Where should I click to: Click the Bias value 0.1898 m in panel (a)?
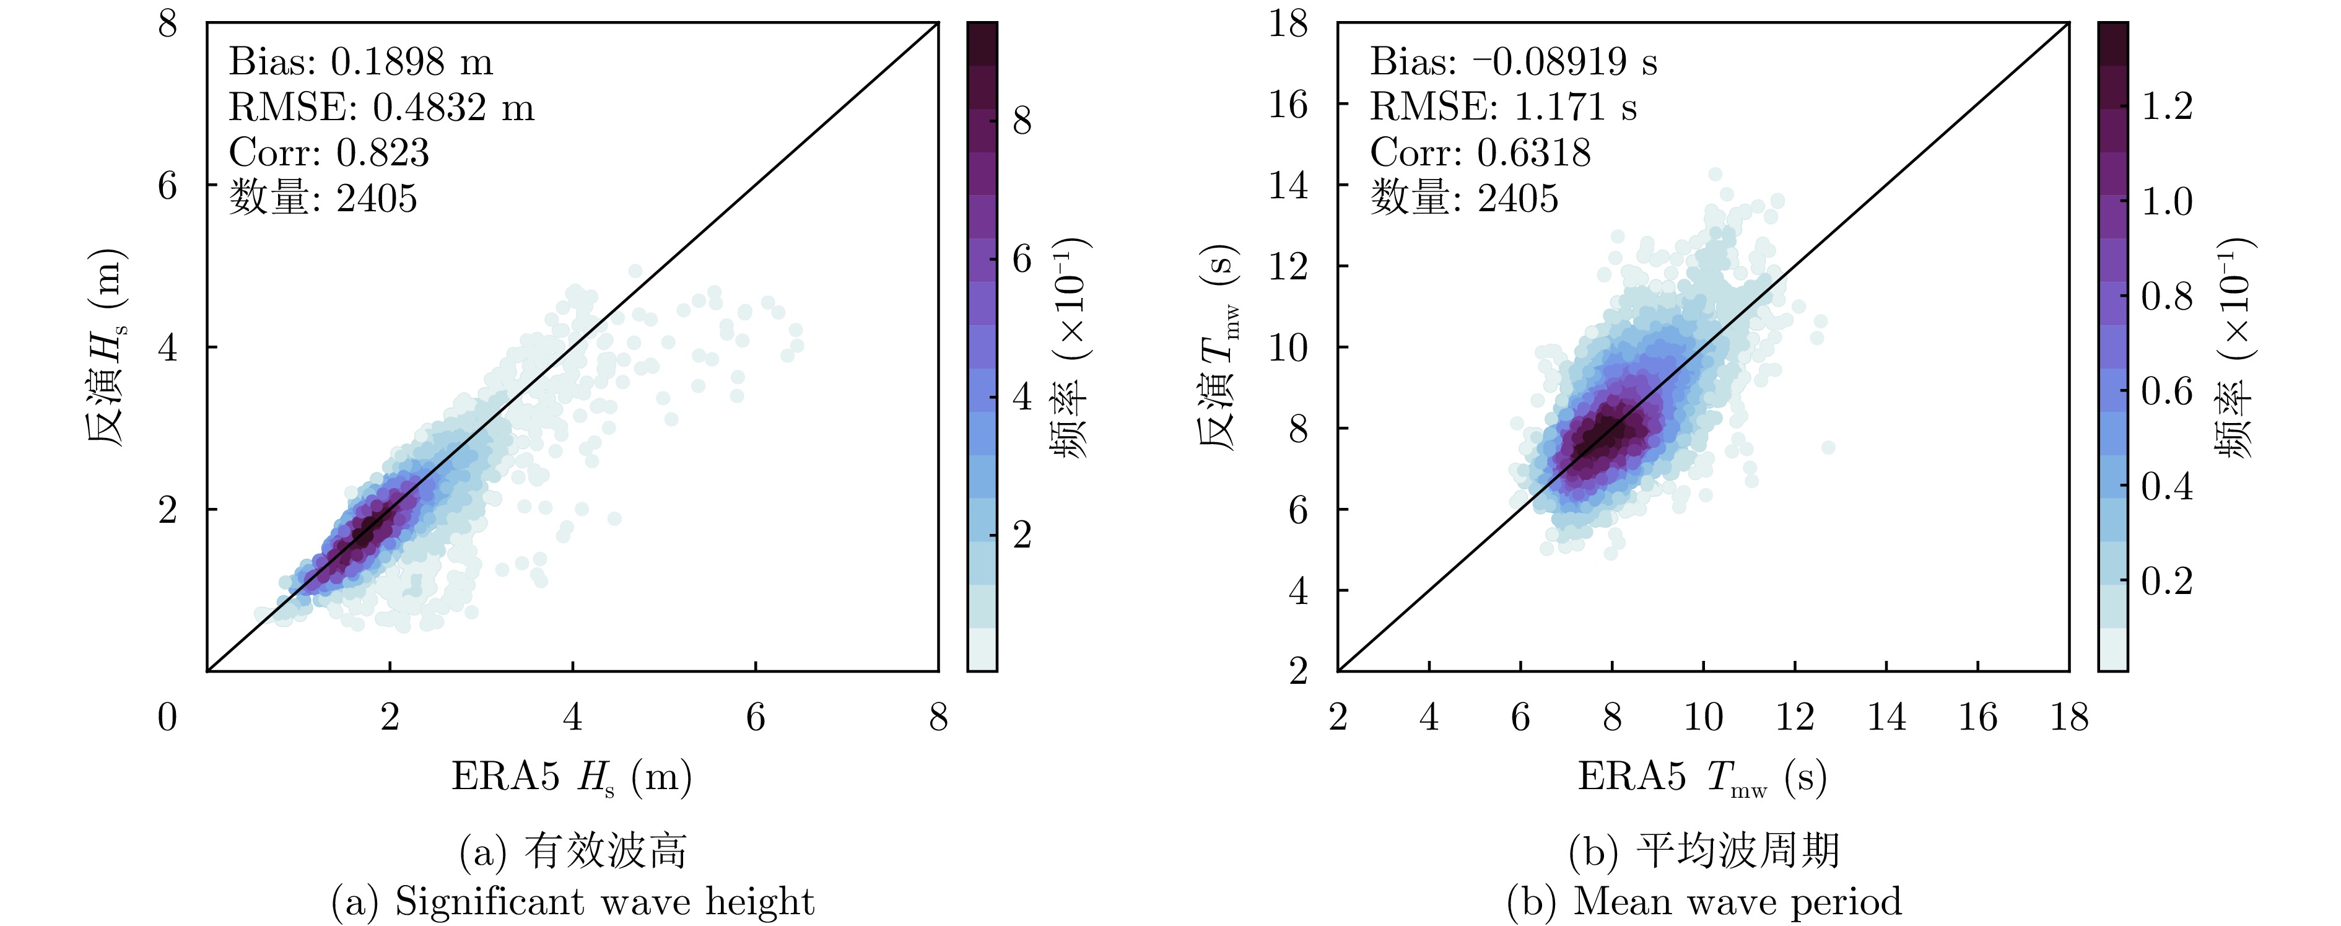tap(412, 62)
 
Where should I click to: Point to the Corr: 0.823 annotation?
tap(329, 152)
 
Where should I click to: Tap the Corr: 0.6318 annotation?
tap(1480, 152)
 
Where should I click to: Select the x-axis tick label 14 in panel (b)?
tap(1886, 717)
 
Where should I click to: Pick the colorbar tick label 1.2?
tap(2168, 107)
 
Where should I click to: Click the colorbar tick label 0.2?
tap(2168, 580)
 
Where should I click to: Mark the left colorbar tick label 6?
tap(1022, 260)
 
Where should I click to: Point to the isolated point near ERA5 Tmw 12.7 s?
tap(1828, 447)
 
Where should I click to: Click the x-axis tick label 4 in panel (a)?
tap(572, 717)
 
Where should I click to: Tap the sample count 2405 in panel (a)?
tap(377, 198)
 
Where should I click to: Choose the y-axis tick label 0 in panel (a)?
tap(168, 717)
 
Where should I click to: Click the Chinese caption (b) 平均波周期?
tap(1704, 852)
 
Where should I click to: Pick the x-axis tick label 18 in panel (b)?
tap(2069, 717)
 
